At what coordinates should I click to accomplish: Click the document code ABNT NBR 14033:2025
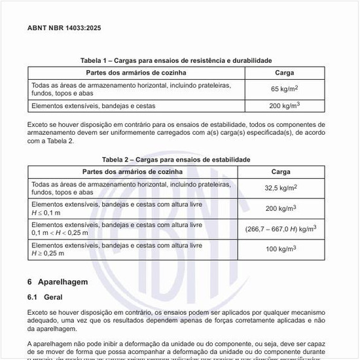point(64,28)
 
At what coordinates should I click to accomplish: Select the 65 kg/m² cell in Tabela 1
point(285,88)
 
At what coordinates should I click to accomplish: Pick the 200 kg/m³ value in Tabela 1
point(285,105)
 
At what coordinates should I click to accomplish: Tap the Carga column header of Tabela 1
point(285,73)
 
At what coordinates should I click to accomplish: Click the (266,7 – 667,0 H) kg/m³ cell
point(281,229)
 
